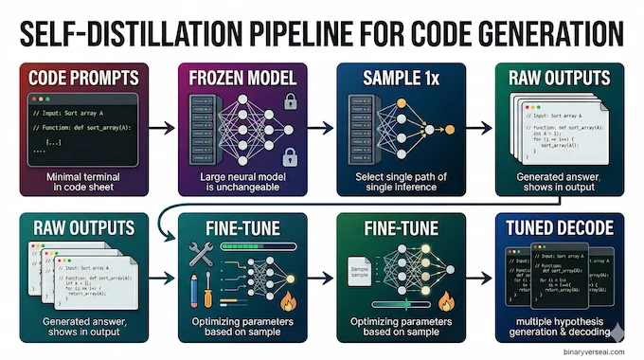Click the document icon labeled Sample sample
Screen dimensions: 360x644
[x=358, y=272]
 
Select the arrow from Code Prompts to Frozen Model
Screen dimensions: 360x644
[x=162, y=123]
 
